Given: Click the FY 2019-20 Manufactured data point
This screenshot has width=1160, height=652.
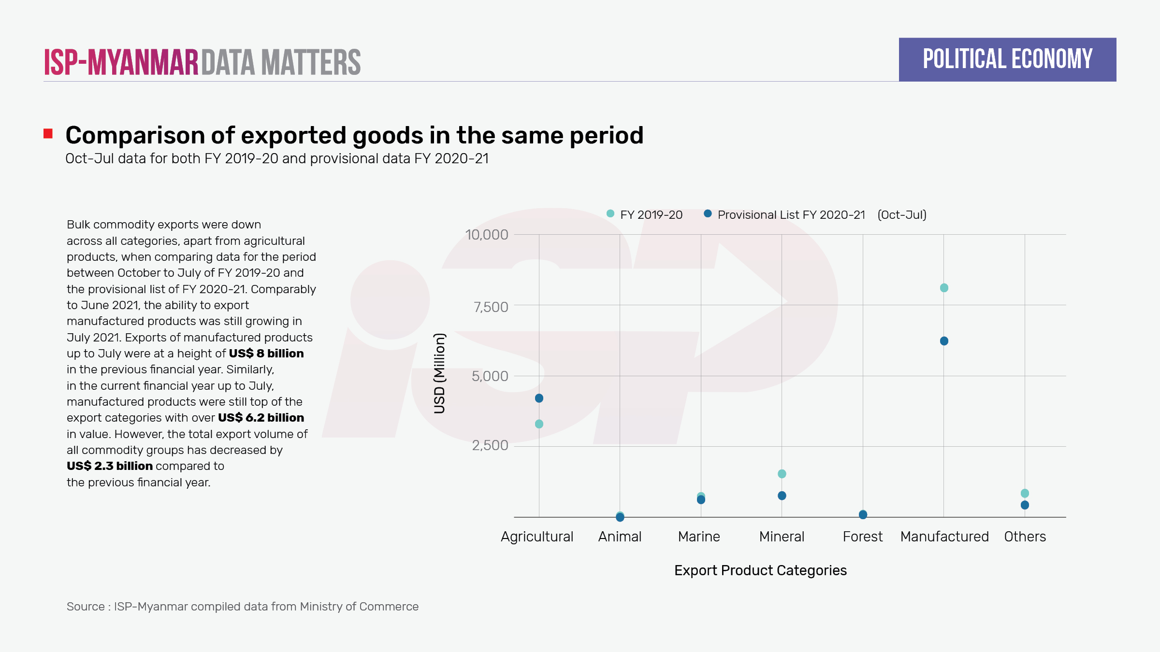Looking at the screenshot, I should [944, 288].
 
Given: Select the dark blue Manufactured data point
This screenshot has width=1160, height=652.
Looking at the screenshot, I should [944, 341].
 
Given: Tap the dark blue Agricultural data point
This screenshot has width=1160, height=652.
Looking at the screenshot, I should [539, 398].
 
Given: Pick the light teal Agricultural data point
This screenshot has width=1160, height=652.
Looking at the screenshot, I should [539, 424].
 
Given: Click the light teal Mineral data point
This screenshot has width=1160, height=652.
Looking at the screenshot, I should [782, 474].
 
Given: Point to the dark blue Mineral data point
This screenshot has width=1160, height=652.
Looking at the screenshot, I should [782, 496].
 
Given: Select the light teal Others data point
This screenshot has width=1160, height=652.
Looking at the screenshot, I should [1025, 493].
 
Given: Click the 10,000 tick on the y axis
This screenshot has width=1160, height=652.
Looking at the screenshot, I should [486, 235].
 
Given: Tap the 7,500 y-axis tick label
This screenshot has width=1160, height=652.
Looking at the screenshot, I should [491, 307].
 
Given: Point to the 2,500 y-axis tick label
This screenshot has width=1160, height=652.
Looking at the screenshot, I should [490, 445].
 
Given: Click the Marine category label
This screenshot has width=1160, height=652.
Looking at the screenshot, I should [699, 537].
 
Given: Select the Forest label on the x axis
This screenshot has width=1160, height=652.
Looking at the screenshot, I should [862, 537].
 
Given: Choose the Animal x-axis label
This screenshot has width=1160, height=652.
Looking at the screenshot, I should [620, 537].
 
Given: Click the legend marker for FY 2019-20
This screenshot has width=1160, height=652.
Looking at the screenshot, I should [610, 213].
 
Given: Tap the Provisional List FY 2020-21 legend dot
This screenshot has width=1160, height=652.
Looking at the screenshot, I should [708, 213].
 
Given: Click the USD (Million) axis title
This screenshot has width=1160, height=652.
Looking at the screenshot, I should [439, 373].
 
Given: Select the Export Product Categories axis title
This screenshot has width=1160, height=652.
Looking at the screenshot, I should [760, 570].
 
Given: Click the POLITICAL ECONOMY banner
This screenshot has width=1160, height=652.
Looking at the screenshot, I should [1007, 59].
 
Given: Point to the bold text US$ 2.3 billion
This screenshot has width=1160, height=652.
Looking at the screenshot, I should [110, 466].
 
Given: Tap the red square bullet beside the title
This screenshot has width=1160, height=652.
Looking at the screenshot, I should [48, 134].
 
